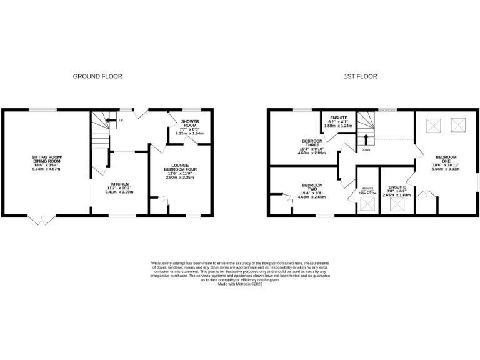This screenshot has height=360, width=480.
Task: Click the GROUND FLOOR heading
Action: [x=97, y=76]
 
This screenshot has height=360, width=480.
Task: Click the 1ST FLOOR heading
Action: [x=360, y=76]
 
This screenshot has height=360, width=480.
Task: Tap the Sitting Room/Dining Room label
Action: [x=47, y=161]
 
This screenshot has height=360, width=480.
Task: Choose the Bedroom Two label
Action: [x=312, y=189]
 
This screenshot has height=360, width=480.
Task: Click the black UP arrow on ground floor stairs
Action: [x=111, y=120]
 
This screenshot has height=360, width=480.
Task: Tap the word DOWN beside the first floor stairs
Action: [x=365, y=150]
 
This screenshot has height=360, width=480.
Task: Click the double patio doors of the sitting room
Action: [x=39, y=220]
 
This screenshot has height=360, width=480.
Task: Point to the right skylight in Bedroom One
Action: [x=458, y=125]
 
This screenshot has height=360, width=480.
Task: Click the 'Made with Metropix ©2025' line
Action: [x=240, y=286]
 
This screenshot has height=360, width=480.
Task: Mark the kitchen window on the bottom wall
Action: [x=122, y=216]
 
